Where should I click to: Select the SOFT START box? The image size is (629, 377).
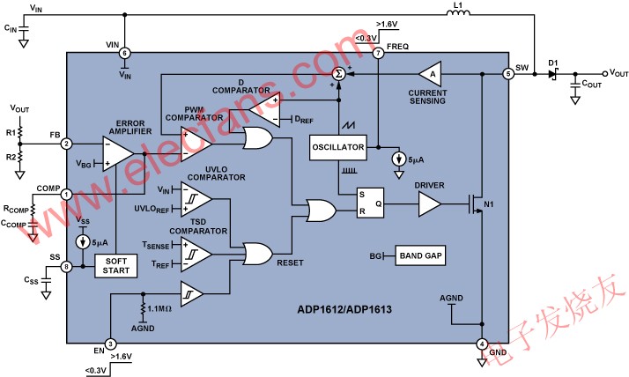116,264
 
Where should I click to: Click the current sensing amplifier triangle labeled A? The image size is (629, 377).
431,74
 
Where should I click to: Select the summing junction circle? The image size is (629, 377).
337,74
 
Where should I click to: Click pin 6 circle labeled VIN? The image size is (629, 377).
123,54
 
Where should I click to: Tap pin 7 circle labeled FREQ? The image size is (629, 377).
379,54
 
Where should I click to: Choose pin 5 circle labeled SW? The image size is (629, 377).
508,74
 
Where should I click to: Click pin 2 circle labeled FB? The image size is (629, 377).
66,144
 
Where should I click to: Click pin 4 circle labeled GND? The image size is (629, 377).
482,344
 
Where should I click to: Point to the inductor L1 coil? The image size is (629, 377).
457,13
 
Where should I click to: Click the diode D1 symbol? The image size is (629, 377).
554,74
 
